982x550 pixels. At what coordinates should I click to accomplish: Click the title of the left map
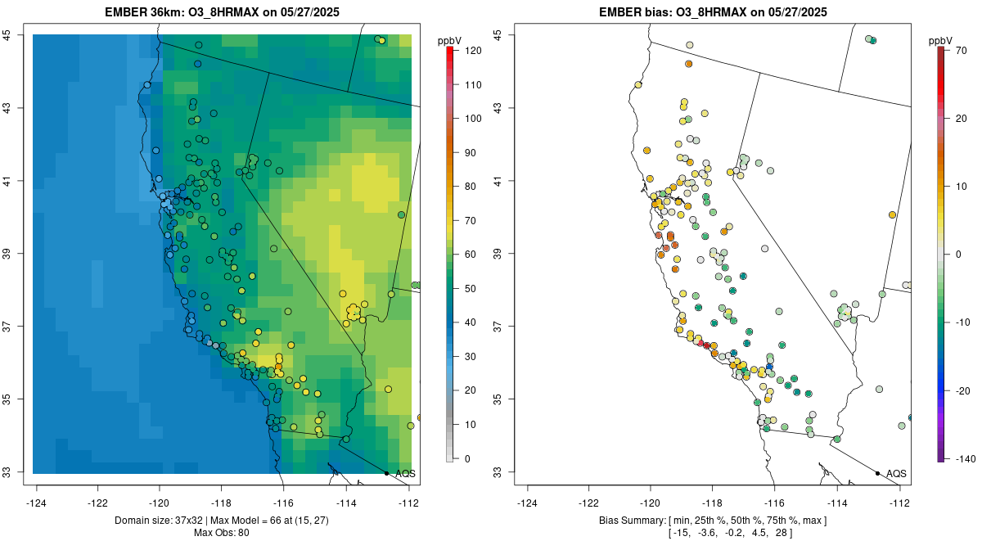click(223, 12)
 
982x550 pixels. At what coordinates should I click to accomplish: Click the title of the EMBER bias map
click(714, 12)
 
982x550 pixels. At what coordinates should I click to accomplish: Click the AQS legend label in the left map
click(405, 473)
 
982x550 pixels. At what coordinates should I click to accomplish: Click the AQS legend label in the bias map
click(896, 473)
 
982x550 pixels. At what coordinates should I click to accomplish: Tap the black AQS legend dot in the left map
click(386, 473)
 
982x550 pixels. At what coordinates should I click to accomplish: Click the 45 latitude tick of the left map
click(16, 35)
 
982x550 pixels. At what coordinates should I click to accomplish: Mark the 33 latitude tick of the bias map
click(507, 472)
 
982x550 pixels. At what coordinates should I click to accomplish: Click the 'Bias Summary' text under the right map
click(634, 521)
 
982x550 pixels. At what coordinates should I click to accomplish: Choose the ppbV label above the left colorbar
click(449, 40)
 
